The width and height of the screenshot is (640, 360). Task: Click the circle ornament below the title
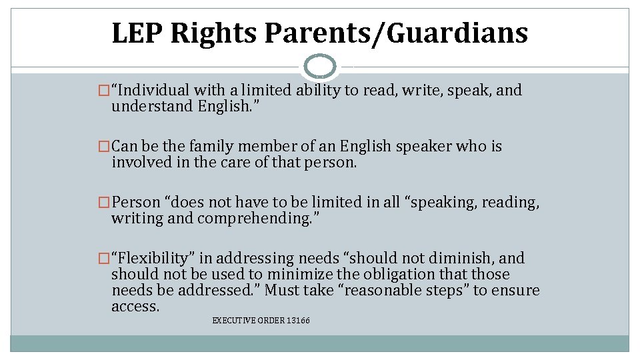click(320, 66)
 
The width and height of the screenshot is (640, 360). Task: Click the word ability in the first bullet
click(316, 90)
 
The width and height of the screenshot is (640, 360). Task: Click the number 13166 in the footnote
click(297, 321)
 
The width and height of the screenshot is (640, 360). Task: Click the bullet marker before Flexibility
click(103, 258)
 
